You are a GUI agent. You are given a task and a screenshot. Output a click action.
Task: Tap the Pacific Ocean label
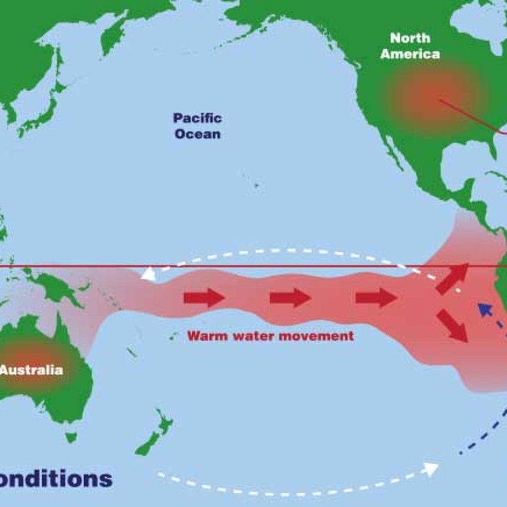click(x=198, y=125)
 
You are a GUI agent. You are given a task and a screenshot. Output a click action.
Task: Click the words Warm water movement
click(x=270, y=336)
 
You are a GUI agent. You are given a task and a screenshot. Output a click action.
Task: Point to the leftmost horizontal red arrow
click(x=204, y=297)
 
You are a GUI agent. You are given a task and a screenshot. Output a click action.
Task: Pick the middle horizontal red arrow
click(x=290, y=297)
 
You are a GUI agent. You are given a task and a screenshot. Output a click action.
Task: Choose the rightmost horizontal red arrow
click(x=376, y=297)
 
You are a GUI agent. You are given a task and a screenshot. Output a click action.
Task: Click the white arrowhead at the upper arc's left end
click(x=148, y=273)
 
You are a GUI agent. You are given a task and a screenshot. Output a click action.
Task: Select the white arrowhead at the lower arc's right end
click(x=431, y=469)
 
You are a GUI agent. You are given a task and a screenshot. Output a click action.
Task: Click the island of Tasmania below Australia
click(x=71, y=437)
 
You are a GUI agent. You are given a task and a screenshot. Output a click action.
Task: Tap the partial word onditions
click(x=56, y=478)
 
